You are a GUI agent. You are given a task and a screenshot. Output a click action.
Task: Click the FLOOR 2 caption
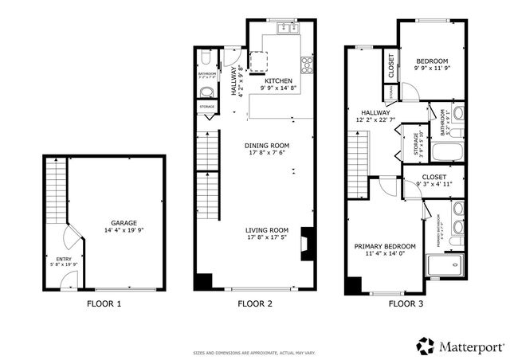click(255, 303)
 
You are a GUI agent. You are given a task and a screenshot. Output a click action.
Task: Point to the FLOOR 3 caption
click(406, 303)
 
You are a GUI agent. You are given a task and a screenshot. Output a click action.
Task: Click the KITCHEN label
click(279, 80)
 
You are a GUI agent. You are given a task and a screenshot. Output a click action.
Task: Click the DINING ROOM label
click(266, 145)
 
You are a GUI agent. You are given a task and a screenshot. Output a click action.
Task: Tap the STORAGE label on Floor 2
click(206, 105)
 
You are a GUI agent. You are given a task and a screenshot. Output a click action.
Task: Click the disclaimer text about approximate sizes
click(254, 352)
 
